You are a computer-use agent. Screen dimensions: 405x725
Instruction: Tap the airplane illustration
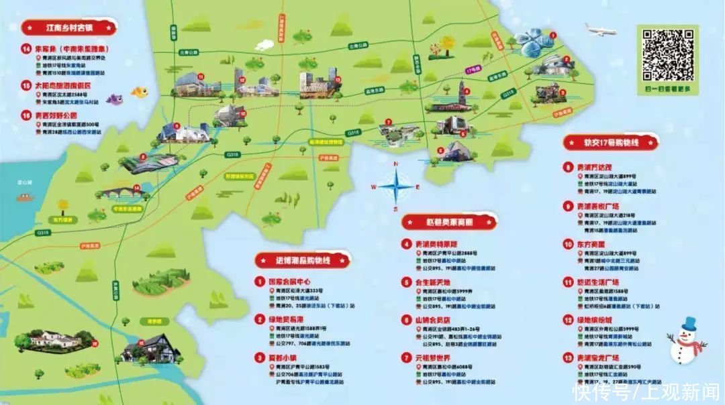600,30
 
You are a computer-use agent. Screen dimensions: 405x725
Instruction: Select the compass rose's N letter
396,164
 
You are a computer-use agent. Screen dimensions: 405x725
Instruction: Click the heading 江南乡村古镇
68,27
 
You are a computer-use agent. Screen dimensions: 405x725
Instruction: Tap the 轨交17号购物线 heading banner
610,141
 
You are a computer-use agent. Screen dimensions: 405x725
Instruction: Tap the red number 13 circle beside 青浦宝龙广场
568,358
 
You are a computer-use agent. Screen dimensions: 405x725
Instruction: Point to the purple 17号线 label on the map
473,69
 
